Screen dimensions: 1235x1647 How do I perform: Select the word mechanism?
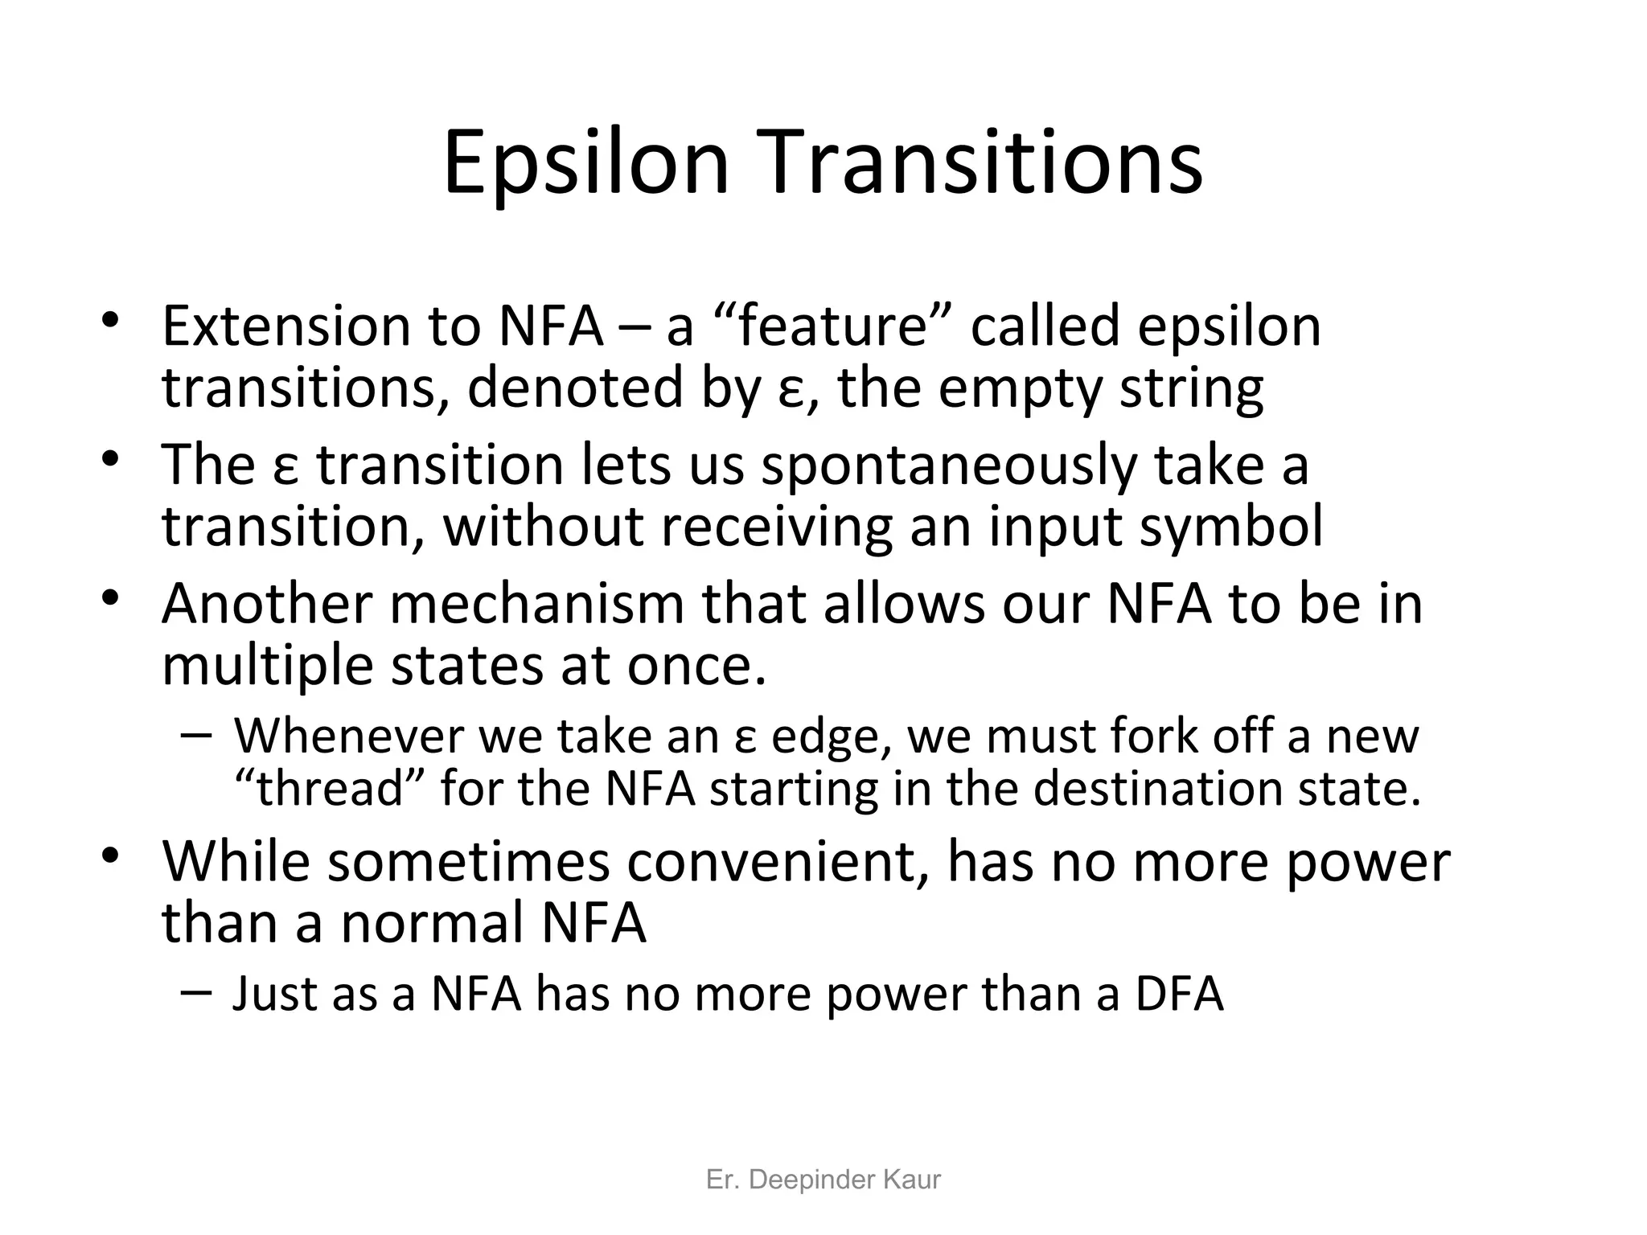pyautogui.click(x=536, y=604)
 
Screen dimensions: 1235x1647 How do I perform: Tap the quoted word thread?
pyautogui.click(x=329, y=789)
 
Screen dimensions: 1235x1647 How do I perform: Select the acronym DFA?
pyautogui.click(x=1179, y=994)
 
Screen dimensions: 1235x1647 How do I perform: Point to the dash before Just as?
pyautogui.click(x=196, y=991)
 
